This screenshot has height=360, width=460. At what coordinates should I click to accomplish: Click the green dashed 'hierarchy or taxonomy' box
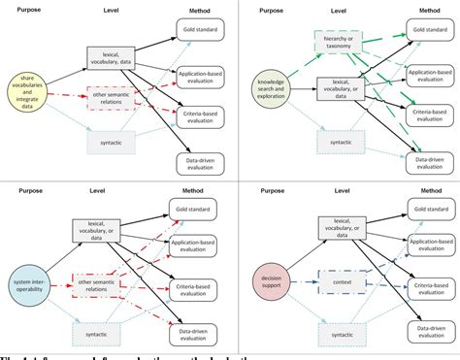click(337, 42)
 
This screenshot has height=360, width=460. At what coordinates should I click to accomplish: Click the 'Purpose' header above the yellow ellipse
click(32, 9)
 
